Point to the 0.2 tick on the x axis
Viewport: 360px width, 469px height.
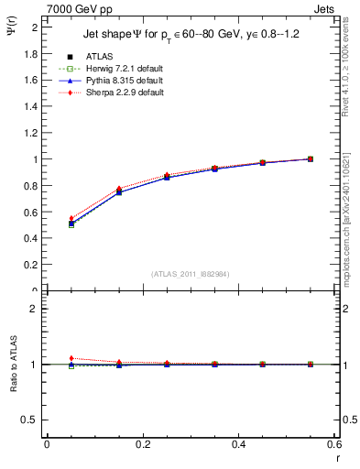[143, 444]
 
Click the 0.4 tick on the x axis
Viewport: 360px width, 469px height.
[238, 444]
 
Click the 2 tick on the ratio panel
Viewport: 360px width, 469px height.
[37, 309]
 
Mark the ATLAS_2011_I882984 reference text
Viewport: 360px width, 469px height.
[191, 275]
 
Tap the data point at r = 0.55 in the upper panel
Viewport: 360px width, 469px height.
[311, 158]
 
